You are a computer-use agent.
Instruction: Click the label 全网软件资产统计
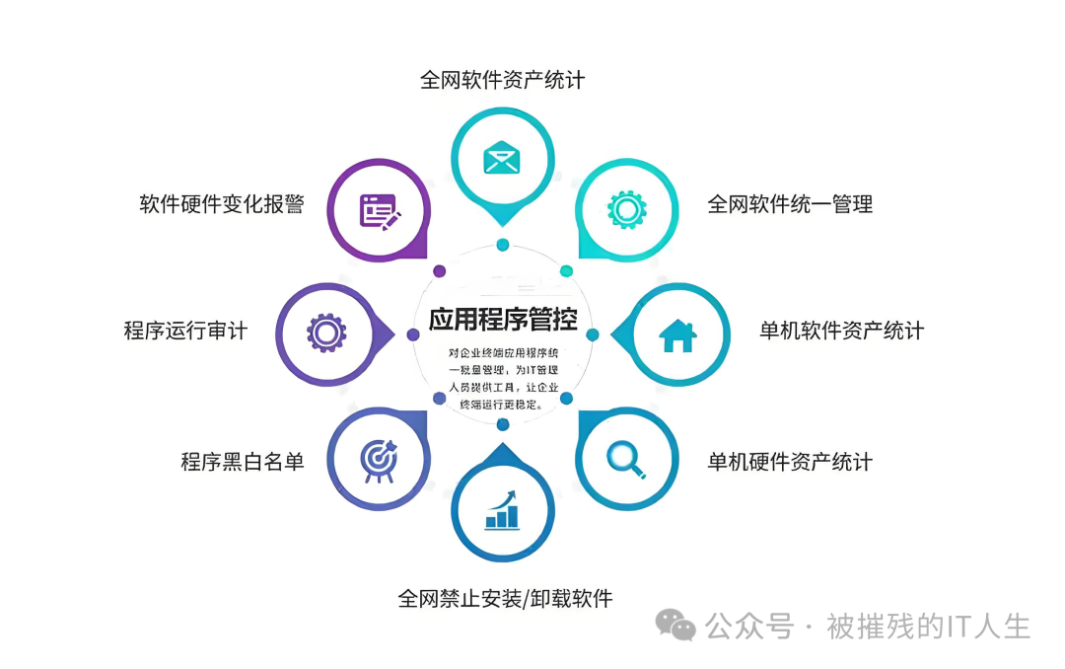[x=502, y=79]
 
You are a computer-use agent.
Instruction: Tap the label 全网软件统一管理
[x=790, y=204]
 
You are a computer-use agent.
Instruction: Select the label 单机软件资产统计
[x=841, y=331]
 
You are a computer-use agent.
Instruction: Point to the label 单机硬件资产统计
[x=790, y=461]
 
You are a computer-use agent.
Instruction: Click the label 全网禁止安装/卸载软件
[x=505, y=598]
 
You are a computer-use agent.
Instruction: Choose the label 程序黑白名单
[x=243, y=461]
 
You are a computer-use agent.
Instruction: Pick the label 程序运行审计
[x=185, y=331]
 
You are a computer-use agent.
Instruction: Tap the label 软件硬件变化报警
[x=222, y=204]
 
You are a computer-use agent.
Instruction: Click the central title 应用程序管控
[x=503, y=318]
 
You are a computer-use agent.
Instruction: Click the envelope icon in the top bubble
[x=502, y=157]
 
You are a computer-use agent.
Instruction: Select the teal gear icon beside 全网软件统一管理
[x=626, y=209]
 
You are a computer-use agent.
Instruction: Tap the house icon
[x=677, y=335]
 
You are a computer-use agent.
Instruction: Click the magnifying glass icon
[x=626, y=456]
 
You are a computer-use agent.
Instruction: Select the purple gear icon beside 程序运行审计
[x=326, y=333]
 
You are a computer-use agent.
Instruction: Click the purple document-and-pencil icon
[x=380, y=210]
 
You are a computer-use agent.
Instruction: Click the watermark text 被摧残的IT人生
[x=928, y=626]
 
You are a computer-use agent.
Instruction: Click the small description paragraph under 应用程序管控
[x=503, y=378]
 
